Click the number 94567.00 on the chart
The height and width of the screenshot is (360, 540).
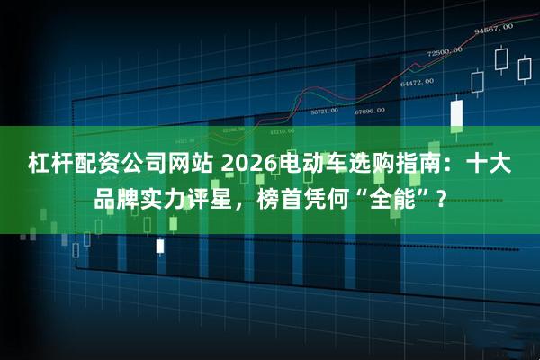coord(492,29)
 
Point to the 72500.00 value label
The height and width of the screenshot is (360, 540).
coord(445,53)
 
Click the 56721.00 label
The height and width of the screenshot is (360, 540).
coord(324,112)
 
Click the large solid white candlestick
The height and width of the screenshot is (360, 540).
coord(456,113)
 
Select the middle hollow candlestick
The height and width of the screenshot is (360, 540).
coord(502,59)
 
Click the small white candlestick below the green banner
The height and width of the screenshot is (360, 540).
coord(160,245)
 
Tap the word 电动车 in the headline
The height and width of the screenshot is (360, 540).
coord(305,165)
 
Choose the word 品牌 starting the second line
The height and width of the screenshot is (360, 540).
coord(117,199)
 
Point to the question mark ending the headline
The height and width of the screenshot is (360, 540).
coord(440,199)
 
